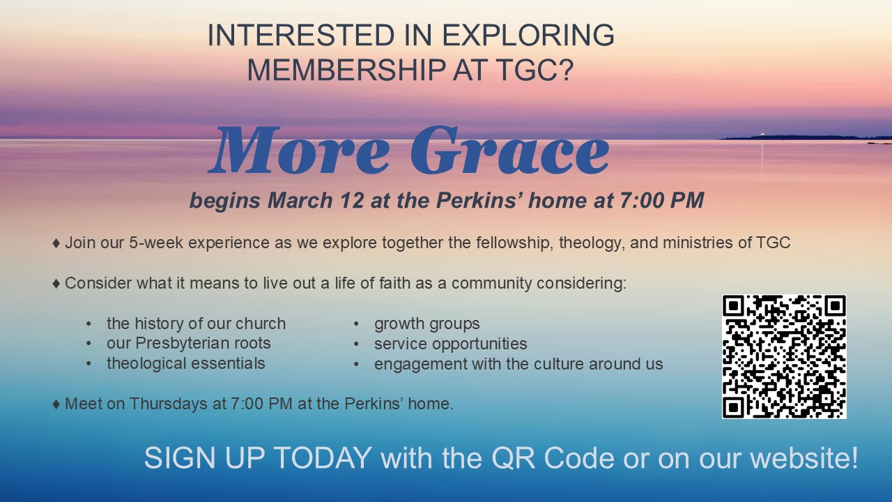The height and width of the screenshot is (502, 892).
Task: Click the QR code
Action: click(x=784, y=356)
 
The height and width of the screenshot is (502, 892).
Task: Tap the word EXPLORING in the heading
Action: click(x=528, y=35)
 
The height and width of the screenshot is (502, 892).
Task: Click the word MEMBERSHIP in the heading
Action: click(x=346, y=70)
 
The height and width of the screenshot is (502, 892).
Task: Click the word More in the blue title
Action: click(x=299, y=151)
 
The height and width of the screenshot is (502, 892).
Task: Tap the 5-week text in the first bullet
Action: click(x=155, y=243)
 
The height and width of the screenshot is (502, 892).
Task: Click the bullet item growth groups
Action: click(x=427, y=324)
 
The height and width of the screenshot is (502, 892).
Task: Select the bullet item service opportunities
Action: click(x=450, y=344)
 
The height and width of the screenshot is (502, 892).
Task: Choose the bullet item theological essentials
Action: click(x=186, y=363)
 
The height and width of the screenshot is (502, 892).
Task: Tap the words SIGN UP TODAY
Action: click(x=258, y=458)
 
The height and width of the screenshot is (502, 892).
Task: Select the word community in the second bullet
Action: click(x=492, y=284)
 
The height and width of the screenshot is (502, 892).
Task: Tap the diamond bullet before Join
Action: click(x=56, y=243)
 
